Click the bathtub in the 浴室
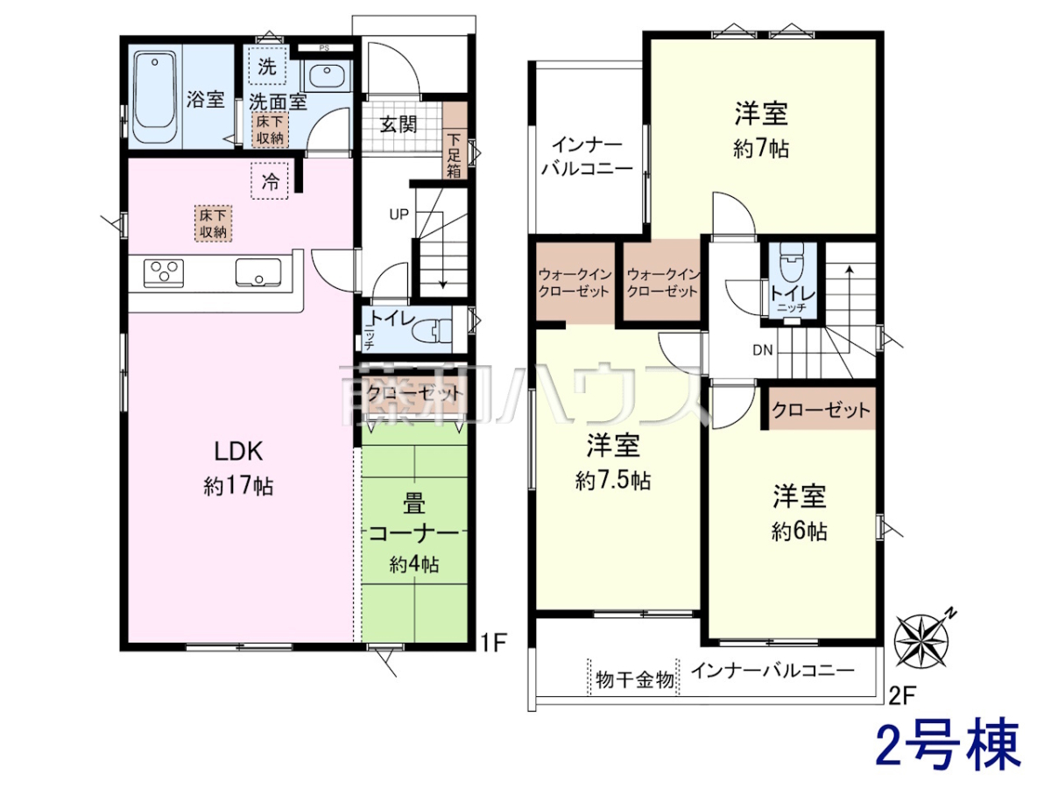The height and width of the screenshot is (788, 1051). (x=155, y=97)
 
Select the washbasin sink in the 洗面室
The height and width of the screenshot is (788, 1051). (x=327, y=75)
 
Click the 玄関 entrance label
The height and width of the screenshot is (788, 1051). (x=399, y=125)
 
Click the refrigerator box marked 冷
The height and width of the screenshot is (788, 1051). (x=270, y=181)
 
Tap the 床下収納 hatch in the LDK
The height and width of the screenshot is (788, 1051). (x=214, y=223)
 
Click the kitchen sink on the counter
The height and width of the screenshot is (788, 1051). (x=258, y=272)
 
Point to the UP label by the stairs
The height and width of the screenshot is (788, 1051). (x=399, y=215)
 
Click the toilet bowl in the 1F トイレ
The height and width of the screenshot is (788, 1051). (x=433, y=331)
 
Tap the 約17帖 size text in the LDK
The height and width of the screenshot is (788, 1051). (x=238, y=487)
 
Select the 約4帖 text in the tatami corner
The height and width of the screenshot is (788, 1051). (x=414, y=565)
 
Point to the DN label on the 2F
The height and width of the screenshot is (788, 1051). (x=763, y=350)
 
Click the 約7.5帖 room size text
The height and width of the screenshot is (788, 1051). (x=613, y=481)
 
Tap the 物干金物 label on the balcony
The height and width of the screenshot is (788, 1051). (x=635, y=680)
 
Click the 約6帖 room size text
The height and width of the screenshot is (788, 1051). (x=800, y=531)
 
